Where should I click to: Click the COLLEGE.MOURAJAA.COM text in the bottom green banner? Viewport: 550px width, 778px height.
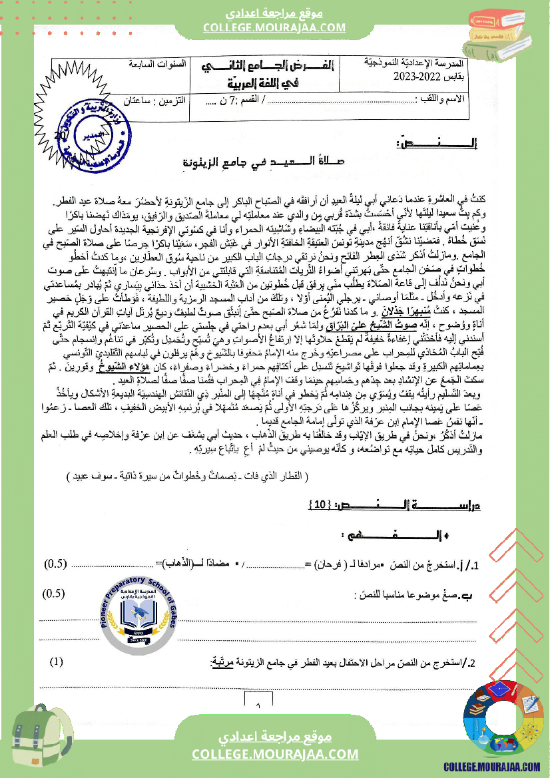pos(275,753)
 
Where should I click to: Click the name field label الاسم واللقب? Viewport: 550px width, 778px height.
pos(462,100)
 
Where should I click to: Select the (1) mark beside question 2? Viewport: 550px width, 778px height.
pos(57,662)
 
